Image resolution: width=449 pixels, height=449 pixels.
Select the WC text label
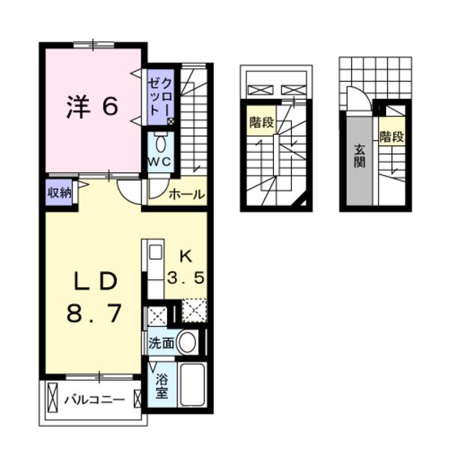(159, 161)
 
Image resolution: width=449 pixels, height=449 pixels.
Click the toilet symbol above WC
(159, 143)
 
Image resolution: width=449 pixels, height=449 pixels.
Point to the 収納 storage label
(60, 192)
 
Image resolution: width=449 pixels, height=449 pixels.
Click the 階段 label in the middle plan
(260, 122)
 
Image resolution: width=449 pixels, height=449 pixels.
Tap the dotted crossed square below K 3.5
(194, 310)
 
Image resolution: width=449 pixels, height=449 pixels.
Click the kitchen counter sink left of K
(154, 252)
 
